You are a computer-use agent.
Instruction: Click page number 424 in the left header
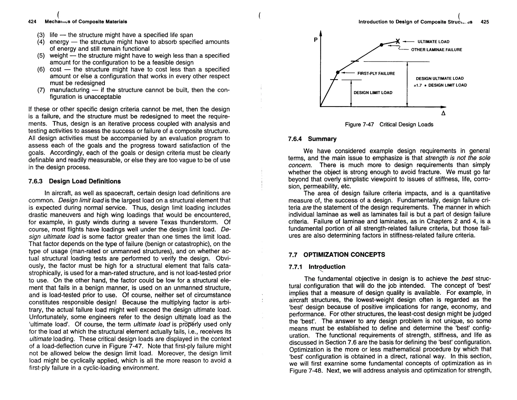click(x=32, y=22)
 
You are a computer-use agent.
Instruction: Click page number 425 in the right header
click(x=485, y=22)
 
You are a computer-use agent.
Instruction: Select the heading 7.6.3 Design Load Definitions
click(x=74, y=181)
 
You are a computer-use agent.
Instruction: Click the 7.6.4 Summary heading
click(x=312, y=139)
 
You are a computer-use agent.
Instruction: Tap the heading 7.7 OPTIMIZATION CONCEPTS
click(x=337, y=255)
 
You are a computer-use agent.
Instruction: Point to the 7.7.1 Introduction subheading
click(x=317, y=267)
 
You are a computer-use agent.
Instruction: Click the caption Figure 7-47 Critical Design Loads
click(x=389, y=125)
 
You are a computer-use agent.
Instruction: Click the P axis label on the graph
click(x=316, y=40)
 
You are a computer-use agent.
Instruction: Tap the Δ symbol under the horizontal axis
click(x=443, y=113)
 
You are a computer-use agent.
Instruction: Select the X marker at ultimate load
click(x=398, y=41)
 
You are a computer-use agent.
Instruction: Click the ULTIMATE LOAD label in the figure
click(x=433, y=42)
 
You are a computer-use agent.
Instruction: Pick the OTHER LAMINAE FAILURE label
click(x=436, y=50)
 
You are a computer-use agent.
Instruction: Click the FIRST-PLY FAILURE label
click(x=376, y=74)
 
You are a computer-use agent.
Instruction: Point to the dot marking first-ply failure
click(x=338, y=72)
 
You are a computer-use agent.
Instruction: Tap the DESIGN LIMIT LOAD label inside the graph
click(x=373, y=93)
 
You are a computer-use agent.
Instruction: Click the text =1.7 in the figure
click(x=418, y=85)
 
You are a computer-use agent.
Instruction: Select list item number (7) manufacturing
click(x=70, y=90)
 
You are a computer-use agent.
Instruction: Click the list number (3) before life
click(x=41, y=35)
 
